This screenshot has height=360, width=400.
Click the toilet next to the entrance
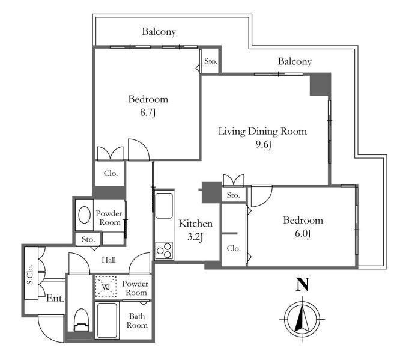point(82,320)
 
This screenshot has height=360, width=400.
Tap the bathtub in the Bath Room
point(108,320)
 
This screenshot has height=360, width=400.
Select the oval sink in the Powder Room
point(85,215)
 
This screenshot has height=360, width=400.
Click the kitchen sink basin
point(164,206)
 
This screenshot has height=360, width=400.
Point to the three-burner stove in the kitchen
point(164,251)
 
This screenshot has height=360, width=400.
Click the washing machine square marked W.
point(106,287)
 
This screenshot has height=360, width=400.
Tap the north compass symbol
point(302,319)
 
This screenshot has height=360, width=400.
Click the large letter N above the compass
point(302,284)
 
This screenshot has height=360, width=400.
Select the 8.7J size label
point(148,112)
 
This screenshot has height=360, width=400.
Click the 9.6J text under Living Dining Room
point(263,145)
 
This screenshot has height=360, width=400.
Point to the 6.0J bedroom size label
point(303,234)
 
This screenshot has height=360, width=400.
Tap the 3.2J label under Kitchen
point(195,237)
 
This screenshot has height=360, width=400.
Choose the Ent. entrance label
point(55,298)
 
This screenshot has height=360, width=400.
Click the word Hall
point(109,260)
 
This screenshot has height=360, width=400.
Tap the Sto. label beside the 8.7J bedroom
point(211,61)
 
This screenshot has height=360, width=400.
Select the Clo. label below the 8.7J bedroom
point(111,174)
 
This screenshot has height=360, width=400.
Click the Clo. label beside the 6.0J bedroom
point(234,248)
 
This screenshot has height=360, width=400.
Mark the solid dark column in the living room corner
point(320,84)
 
